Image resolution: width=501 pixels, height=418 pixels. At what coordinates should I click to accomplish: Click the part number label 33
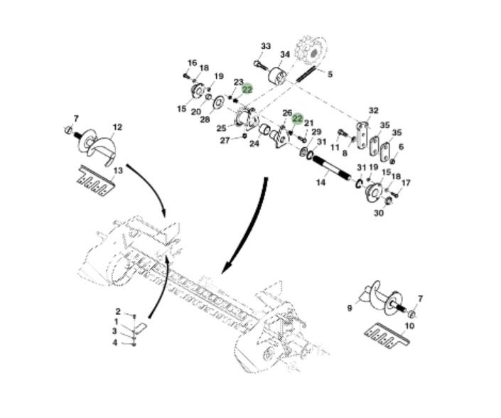click(x=266, y=46)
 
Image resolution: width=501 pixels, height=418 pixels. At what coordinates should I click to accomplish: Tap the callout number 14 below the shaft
click(x=321, y=183)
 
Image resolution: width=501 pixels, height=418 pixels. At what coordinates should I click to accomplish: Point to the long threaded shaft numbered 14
click(x=335, y=172)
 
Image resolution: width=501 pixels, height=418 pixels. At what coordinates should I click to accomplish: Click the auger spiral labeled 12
click(x=95, y=145)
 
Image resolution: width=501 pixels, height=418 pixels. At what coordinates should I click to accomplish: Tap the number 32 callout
click(x=374, y=110)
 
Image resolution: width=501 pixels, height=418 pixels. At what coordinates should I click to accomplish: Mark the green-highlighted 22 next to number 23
click(x=247, y=90)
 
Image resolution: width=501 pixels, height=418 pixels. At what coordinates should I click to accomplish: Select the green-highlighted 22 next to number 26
click(x=298, y=119)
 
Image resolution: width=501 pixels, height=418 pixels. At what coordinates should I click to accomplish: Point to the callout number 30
click(x=379, y=213)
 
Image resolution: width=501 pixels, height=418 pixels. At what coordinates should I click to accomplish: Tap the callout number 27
click(x=225, y=140)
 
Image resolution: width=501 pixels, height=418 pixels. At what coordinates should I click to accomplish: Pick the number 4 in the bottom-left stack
click(x=114, y=343)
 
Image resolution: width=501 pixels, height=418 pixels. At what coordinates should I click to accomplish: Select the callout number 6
click(x=401, y=146)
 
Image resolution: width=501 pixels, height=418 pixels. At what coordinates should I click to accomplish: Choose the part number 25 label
click(x=222, y=128)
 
